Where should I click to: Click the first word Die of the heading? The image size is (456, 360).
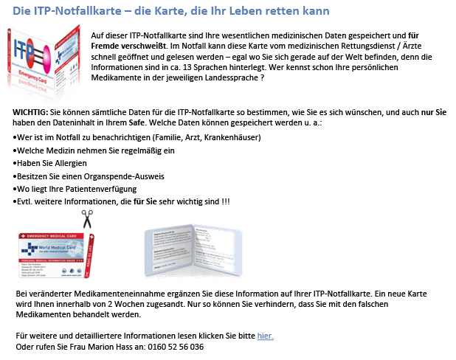(21, 11)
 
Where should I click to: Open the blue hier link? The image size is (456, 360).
(265, 336)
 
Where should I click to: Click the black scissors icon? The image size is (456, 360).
(87, 218)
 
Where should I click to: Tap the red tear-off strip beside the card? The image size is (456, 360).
(89, 255)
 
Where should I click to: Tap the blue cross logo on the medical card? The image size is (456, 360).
(29, 248)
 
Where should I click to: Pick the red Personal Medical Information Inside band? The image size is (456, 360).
(50, 260)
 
